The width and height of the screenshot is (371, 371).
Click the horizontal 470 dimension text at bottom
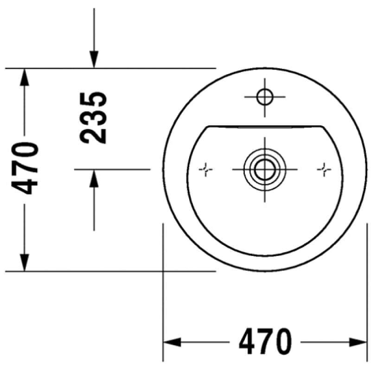265,342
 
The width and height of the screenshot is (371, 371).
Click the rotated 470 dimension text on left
25,168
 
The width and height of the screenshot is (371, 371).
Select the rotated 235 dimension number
93,118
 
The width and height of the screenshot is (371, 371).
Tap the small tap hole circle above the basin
265,97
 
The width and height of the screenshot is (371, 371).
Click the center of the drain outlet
265,169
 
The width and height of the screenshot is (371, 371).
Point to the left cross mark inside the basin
205,169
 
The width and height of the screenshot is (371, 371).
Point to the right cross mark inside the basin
324,169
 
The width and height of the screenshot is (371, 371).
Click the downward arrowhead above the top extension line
94,59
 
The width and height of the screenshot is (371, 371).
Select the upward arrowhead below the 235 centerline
94,179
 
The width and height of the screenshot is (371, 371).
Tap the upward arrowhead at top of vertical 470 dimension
25,77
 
